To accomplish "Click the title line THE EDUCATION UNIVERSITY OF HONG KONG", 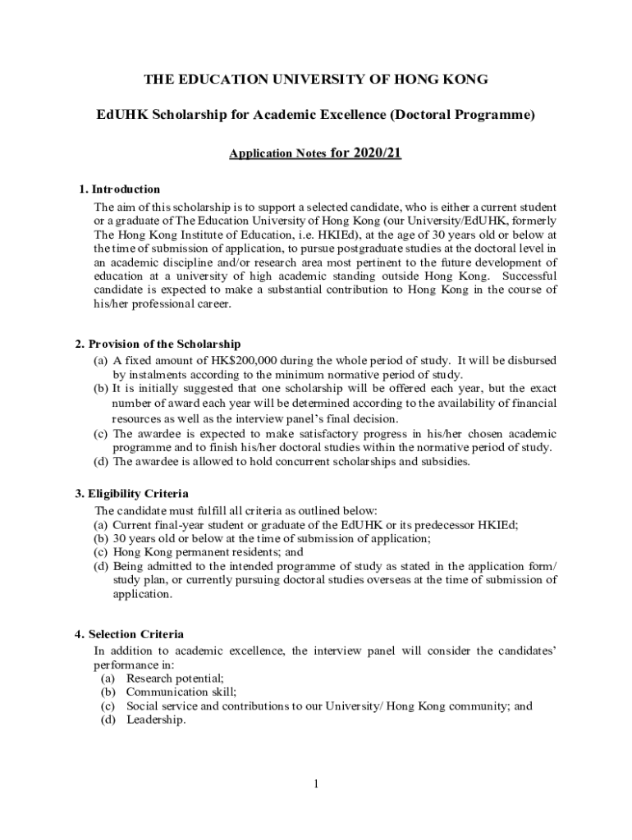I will pos(316,80).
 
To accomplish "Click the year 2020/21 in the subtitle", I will pos(373,153).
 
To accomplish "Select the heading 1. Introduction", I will pos(120,189).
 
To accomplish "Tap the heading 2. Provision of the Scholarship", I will pos(158,344).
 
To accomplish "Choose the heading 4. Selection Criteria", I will pos(129,634).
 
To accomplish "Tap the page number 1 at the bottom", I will pos(315,784).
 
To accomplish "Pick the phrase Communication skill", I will pos(176,692).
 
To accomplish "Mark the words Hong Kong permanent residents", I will pos(194,552).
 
